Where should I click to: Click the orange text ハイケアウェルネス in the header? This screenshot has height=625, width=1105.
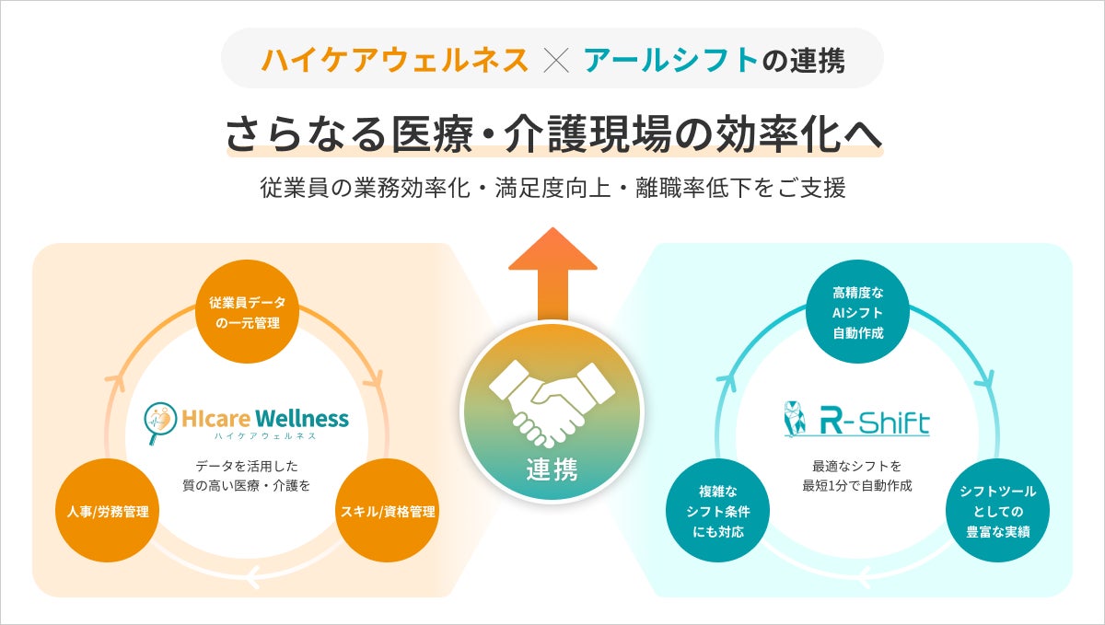click(395, 60)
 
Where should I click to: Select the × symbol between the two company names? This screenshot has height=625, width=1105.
click(556, 60)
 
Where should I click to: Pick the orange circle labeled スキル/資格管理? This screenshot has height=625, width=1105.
click(388, 511)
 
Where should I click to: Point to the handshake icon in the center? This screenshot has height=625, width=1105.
click(552, 400)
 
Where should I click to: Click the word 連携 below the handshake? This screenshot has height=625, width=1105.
click(552, 469)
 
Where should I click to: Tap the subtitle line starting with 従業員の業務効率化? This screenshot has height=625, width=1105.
click(552, 188)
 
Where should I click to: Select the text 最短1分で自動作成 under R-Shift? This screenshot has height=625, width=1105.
click(857, 485)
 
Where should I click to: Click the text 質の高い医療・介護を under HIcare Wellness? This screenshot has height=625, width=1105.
click(246, 485)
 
